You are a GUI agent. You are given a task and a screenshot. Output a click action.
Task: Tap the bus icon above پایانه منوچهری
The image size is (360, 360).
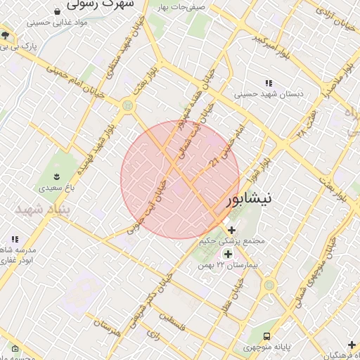[x=266, y=336]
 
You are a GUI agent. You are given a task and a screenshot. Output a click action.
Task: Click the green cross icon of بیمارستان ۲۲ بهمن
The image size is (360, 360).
[x=227, y=254]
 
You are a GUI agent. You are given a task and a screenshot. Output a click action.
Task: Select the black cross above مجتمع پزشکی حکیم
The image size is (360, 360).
[x=231, y=229]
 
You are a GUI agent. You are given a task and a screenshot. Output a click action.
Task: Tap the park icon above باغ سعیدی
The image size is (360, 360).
[x=57, y=176]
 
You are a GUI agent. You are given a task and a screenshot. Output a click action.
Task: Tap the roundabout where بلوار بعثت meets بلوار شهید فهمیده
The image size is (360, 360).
[x=127, y=105]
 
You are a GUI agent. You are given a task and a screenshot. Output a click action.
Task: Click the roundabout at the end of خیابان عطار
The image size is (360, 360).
[x=268, y=285]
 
